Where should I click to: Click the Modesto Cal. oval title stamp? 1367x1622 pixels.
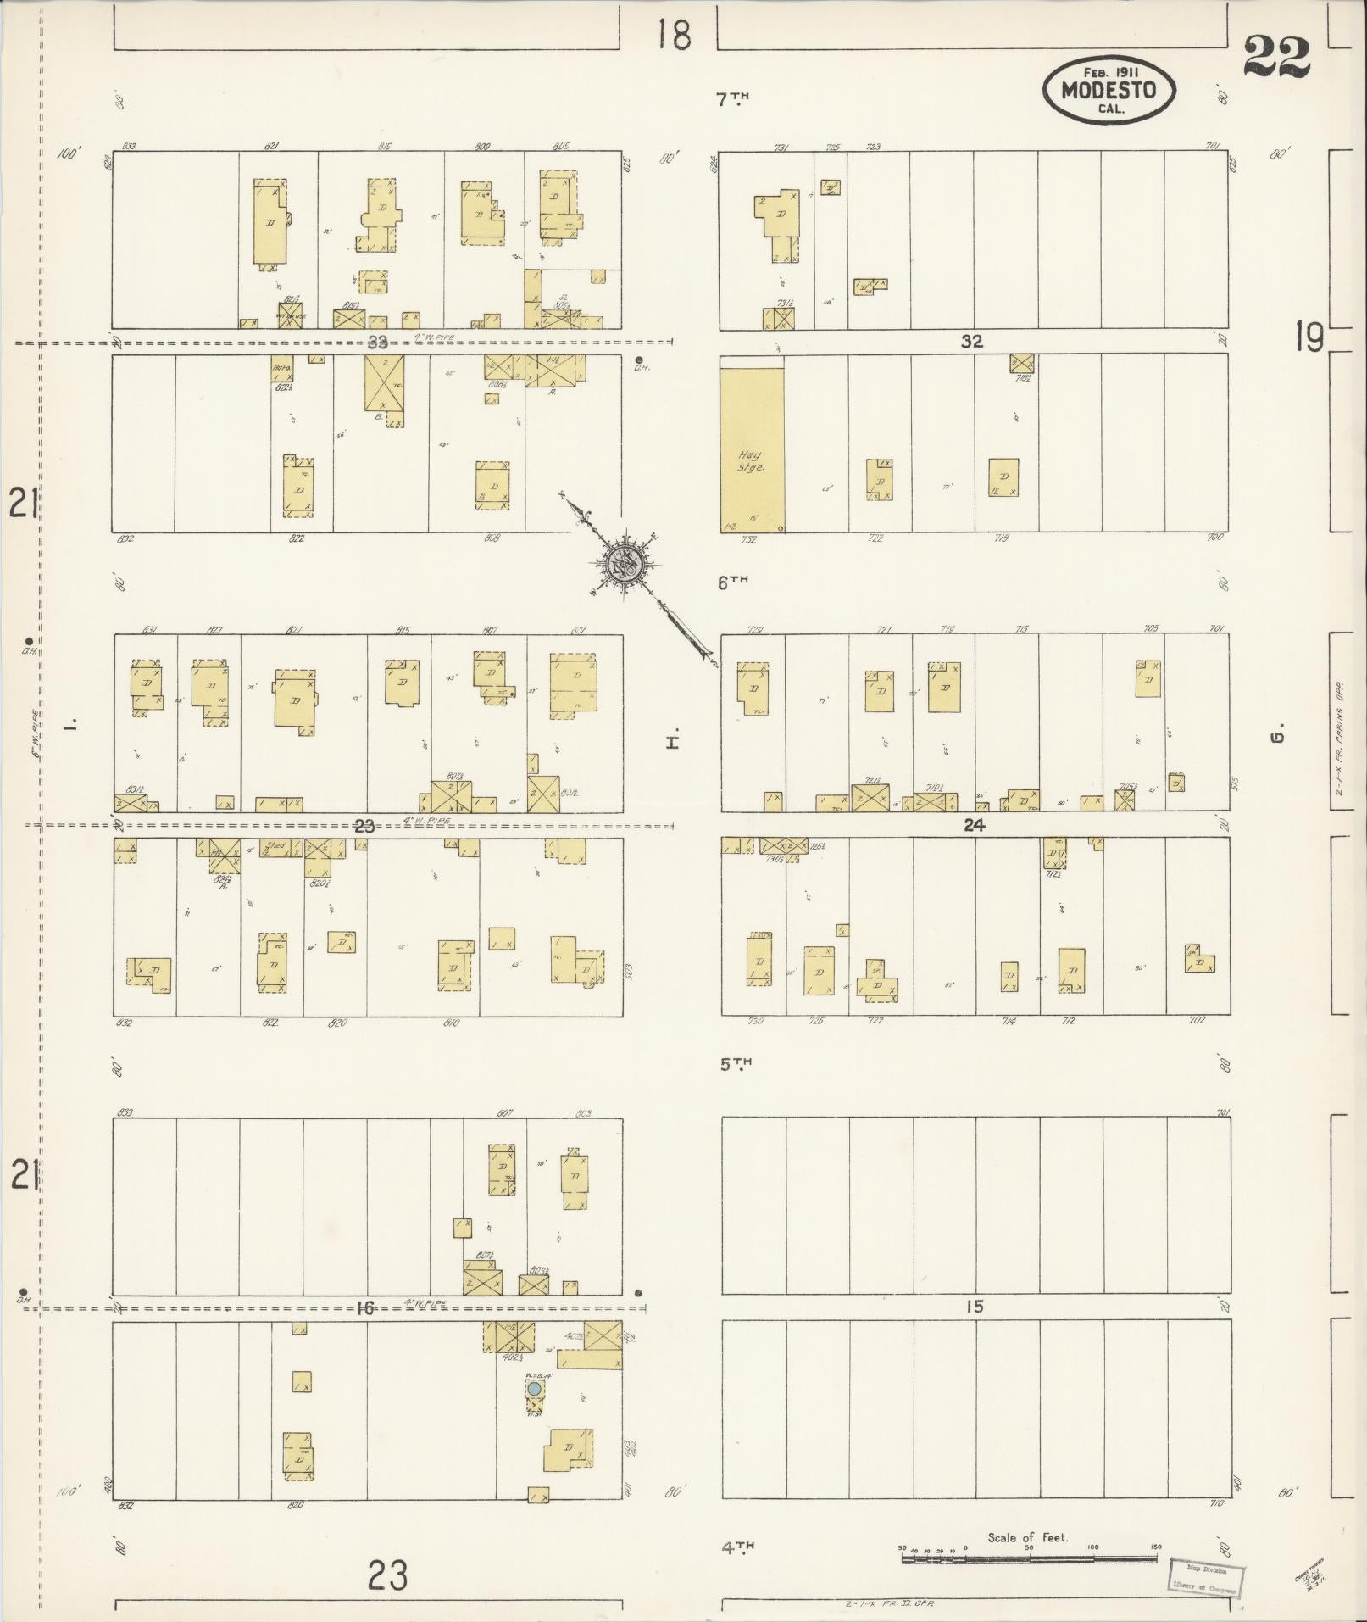pos(1109,88)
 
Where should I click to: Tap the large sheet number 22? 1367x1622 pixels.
pos(1277,58)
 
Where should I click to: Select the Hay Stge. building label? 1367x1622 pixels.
pos(750,461)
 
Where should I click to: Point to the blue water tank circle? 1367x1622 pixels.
pos(534,1389)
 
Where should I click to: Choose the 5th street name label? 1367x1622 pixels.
pos(736,1063)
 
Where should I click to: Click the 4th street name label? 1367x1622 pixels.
pos(737,1547)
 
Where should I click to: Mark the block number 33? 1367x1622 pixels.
pos(377,343)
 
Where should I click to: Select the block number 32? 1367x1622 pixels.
pos(971,342)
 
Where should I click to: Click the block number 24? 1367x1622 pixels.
pos(975,824)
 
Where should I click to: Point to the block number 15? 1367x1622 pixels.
pos(975,1307)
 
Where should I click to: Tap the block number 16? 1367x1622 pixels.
pos(364,1308)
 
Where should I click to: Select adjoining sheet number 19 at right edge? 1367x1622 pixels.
pos(1309,338)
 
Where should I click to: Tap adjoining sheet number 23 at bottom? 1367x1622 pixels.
pos(387,1575)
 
